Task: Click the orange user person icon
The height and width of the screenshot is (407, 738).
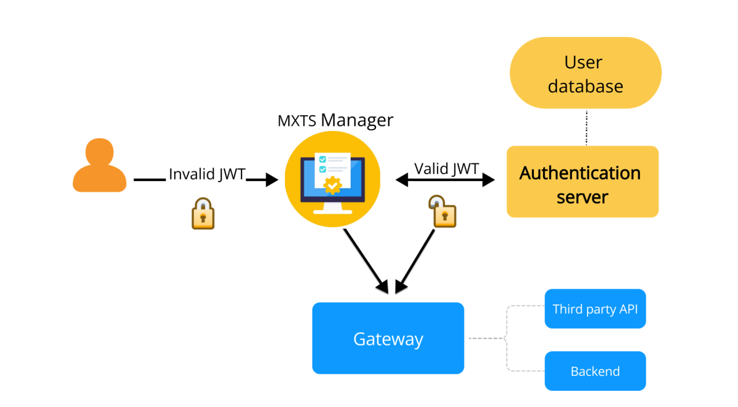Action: coord(99,165)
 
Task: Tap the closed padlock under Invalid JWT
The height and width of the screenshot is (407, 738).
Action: coord(203,214)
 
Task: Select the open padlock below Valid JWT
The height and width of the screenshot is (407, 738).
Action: coord(442,212)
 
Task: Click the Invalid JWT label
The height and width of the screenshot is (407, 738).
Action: coord(207,174)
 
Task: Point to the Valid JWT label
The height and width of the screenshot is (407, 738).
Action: coord(446,168)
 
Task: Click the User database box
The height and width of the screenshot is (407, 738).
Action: coord(585,73)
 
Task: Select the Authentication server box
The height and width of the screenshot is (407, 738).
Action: coord(582,182)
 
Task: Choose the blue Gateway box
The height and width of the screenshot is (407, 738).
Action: coord(388,338)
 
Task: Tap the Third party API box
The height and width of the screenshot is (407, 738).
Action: coord(595,309)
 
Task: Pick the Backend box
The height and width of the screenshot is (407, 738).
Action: coord(595,371)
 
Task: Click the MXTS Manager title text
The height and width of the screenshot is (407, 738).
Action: coord(336,120)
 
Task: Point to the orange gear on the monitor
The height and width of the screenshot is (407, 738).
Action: coord(333,185)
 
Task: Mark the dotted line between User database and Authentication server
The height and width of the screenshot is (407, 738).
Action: coord(586,127)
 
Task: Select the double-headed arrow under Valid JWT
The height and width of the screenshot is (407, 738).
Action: coord(445,180)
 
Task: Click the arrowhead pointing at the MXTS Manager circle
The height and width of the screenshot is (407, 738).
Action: coord(271,180)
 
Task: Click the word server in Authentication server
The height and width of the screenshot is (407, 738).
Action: coord(582,197)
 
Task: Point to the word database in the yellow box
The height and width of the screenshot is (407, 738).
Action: coord(585,86)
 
